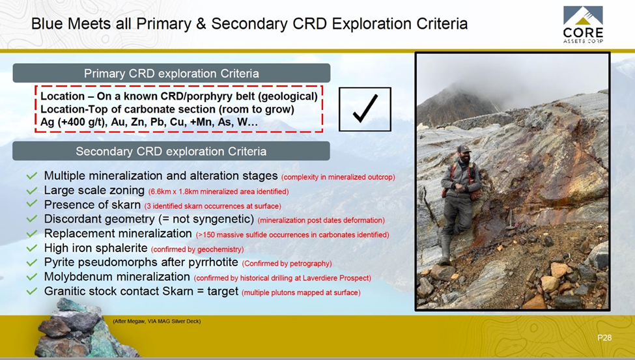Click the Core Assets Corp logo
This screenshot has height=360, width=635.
[x=583, y=25]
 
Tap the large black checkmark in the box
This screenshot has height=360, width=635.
[x=365, y=109]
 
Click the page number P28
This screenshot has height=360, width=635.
[x=604, y=338]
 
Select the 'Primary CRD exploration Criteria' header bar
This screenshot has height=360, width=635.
[x=171, y=74]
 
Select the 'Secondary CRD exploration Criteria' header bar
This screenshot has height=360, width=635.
[x=171, y=151]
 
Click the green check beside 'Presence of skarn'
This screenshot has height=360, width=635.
[x=32, y=204]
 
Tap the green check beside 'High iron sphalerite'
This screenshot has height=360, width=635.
[x=32, y=248]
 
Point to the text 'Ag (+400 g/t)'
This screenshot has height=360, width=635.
[x=73, y=122]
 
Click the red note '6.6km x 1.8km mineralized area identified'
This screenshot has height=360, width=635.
[x=219, y=191]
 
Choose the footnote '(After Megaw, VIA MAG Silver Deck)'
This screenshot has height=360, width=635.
[x=157, y=322]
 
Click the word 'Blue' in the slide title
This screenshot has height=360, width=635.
[x=48, y=23]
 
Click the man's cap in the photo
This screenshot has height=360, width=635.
[x=464, y=148]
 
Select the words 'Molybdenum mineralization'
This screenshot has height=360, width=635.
[x=117, y=277]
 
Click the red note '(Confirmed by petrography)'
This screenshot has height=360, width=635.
[x=287, y=264]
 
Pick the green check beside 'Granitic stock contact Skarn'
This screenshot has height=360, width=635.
[x=32, y=291]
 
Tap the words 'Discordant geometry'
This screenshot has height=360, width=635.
[x=99, y=219]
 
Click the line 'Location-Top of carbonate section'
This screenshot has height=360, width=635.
[x=167, y=109]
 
